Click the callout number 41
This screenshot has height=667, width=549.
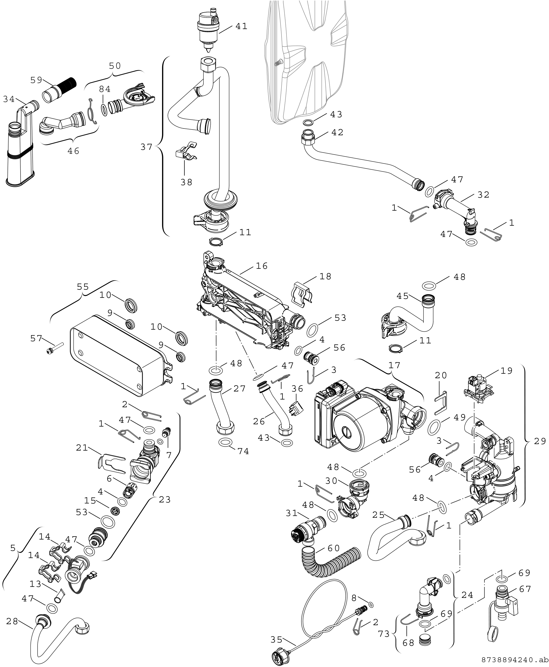(241, 26)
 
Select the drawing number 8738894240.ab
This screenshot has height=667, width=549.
(514, 660)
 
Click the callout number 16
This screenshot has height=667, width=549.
(261, 266)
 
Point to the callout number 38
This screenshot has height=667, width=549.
(186, 182)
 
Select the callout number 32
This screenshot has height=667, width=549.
(483, 195)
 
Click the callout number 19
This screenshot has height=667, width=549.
(506, 371)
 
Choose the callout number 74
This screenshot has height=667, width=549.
(243, 451)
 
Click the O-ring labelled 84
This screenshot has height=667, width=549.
(103, 109)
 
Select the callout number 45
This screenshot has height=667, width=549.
(402, 296)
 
